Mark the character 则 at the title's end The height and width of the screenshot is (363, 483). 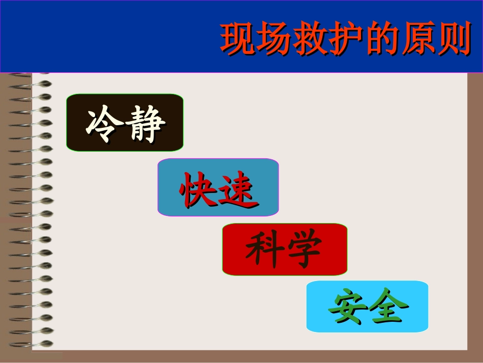(452, 39)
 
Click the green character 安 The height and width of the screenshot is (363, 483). (347, 308)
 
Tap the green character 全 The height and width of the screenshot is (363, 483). (388, 308)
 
